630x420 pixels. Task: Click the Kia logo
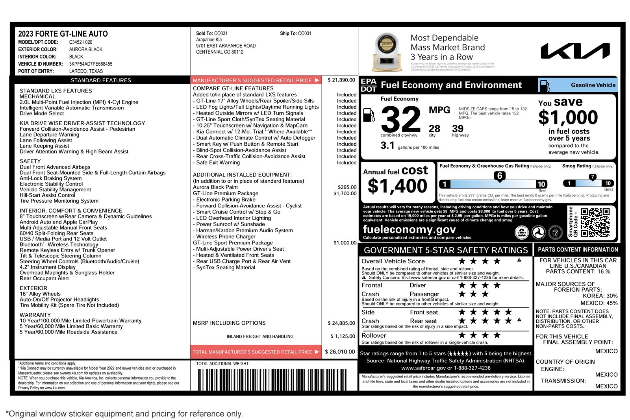pyautogui.click(x=575, y=51)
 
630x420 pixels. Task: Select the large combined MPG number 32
pyautogui.click(x=401, y=119)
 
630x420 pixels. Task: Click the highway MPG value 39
pyautogui.click(x=458, y=129)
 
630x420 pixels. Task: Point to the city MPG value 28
pyautogui.click(x=434, y=129)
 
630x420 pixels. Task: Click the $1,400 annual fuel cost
pyautogui.click(x=397, y=186)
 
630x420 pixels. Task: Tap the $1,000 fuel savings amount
pyautogui.click(x=568, y=117)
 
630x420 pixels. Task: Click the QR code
pyautogui.click(x=595, y=222)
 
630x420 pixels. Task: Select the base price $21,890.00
pyautogui.click(x=341, y=80)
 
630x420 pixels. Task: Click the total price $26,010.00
pyautogui.click(x=340, y=352)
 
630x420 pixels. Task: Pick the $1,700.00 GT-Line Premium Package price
pyautogui.click(x=345, y=193)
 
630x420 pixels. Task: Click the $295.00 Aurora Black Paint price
pyautogui.click(x=347, y=187)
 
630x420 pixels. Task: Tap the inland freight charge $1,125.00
pyautogui.click(x=343, y=336)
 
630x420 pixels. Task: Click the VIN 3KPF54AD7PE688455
pyautogui.click(x=91, y=64)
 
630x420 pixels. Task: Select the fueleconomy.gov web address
pyautogui.click(x=409, y=229)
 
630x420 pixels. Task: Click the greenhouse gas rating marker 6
pyautogui.click(x=499, y=176)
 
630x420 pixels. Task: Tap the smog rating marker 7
pyautogui.click(x=592, y=177)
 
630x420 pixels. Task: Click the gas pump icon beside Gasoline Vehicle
pyautogui.click(x=545, y=85)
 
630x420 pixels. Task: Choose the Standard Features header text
pyautogui.click(x=101, y=80)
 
